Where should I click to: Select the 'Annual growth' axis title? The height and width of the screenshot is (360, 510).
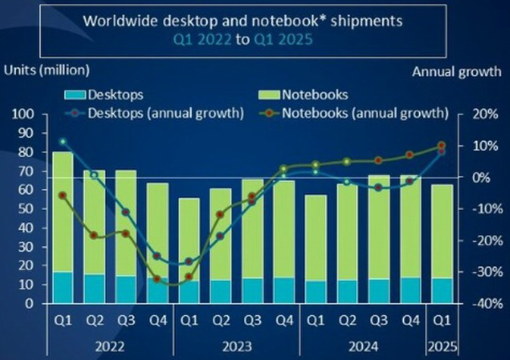[457, 71]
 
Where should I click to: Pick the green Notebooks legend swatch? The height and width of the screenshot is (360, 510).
[269, 95]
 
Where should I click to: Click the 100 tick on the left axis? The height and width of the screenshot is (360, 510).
[22, 114]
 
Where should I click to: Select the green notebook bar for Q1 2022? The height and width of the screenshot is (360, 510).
[63, 211]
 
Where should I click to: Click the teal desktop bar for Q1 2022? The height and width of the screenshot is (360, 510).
[63, 287]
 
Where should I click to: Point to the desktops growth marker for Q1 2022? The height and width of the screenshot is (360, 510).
[63, 142]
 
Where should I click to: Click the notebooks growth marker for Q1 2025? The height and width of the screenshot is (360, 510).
[441, 146]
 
